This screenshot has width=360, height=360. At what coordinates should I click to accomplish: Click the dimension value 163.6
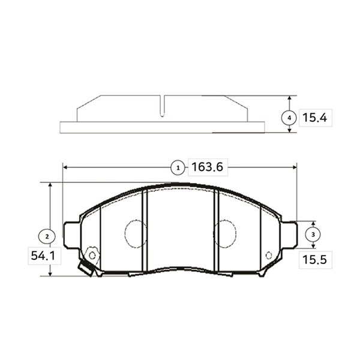[207, 167]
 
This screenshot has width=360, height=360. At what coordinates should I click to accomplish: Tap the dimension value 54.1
[43, 256]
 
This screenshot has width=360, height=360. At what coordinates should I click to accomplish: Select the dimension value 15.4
[314, 118]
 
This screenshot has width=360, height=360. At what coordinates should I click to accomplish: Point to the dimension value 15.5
[314, 260]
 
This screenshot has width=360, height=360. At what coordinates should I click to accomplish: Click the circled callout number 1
[178, 168]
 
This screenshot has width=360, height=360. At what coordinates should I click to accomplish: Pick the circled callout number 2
[47, 236]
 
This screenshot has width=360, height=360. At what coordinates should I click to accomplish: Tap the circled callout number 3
[313, 235]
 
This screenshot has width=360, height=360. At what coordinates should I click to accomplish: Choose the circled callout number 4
[289, 118]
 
